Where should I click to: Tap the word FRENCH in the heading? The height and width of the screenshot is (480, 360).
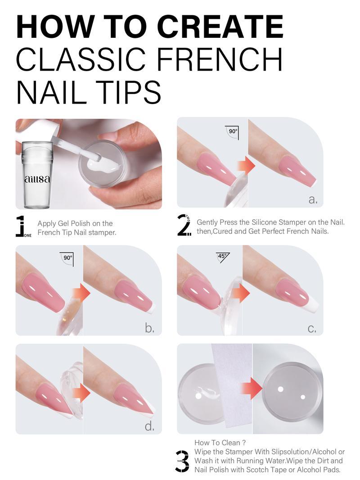(220, 59)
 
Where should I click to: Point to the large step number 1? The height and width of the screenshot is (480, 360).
(21, 226)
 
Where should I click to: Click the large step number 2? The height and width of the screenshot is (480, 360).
(183, 225)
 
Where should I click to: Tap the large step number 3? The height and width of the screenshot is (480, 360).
(182, 460)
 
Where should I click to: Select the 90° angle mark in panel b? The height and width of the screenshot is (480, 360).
(67, 258)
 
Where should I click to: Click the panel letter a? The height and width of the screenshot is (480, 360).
(313, 200)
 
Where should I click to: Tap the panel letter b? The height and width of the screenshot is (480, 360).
(149, 328)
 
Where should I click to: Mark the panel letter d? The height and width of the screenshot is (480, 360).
(149, 426)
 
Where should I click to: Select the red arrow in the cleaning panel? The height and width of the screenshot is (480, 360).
(252, 388)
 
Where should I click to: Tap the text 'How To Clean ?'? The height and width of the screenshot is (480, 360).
(220, 443)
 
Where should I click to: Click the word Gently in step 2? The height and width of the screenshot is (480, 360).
(207, 222)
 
